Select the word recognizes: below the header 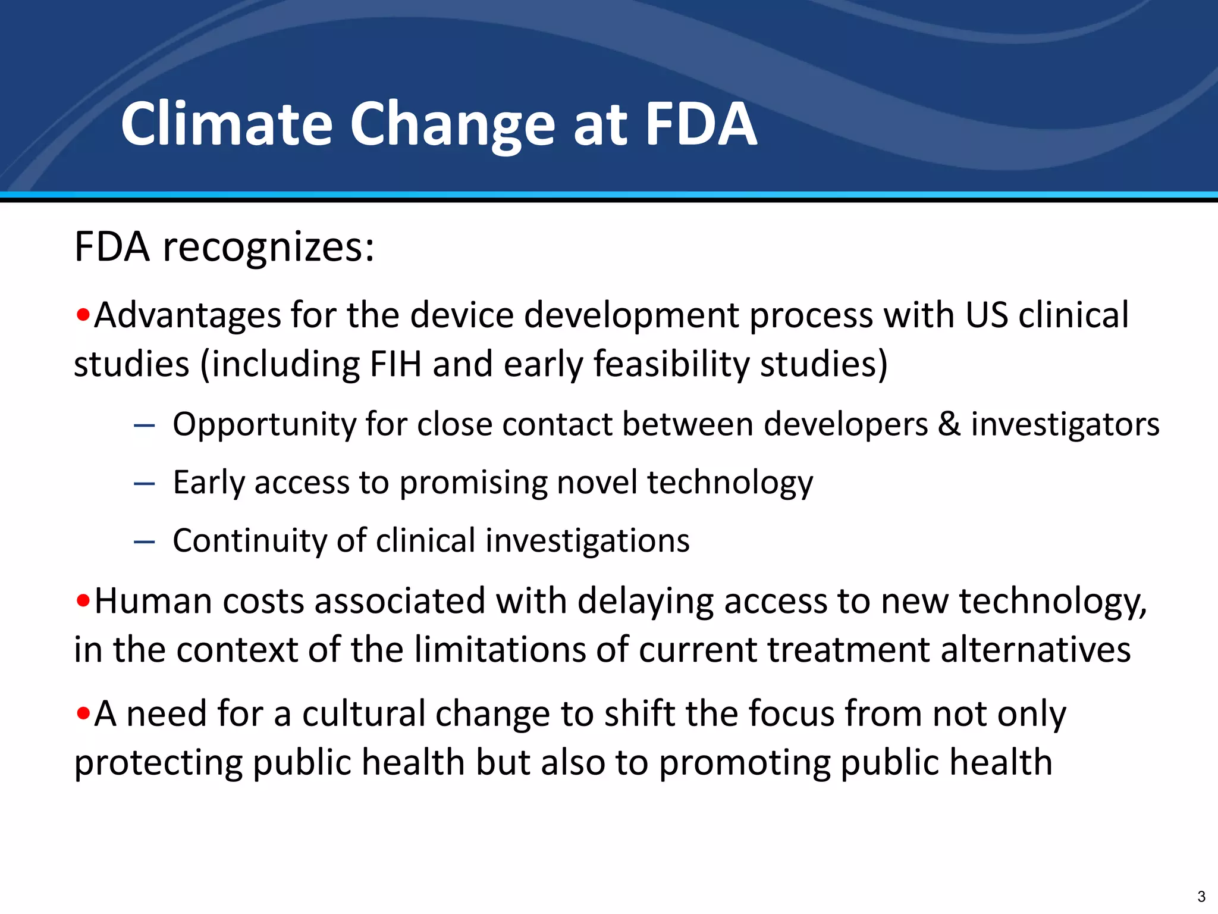point(268,248)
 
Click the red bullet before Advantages point(83,314)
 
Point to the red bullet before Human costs point(83,600)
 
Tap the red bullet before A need point(83,713)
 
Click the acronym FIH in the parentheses point(395,364)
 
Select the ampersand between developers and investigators point(949,424)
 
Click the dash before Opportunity point(145,425)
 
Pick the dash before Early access point(145,483)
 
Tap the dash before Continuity point(145,541)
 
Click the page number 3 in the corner point(1201,896)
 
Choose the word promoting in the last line point(744,762)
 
